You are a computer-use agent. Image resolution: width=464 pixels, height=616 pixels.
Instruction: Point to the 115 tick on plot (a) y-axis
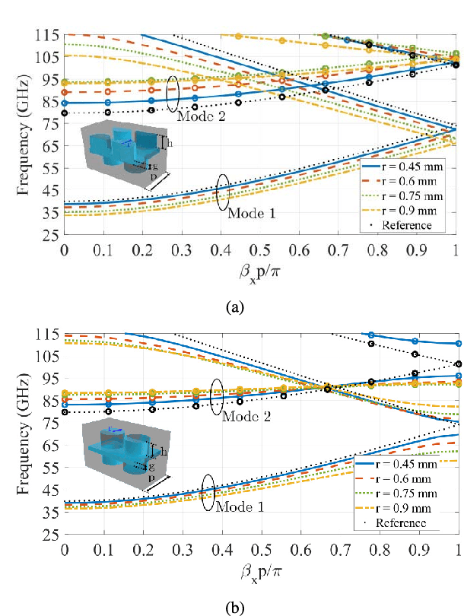coord(49,35)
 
